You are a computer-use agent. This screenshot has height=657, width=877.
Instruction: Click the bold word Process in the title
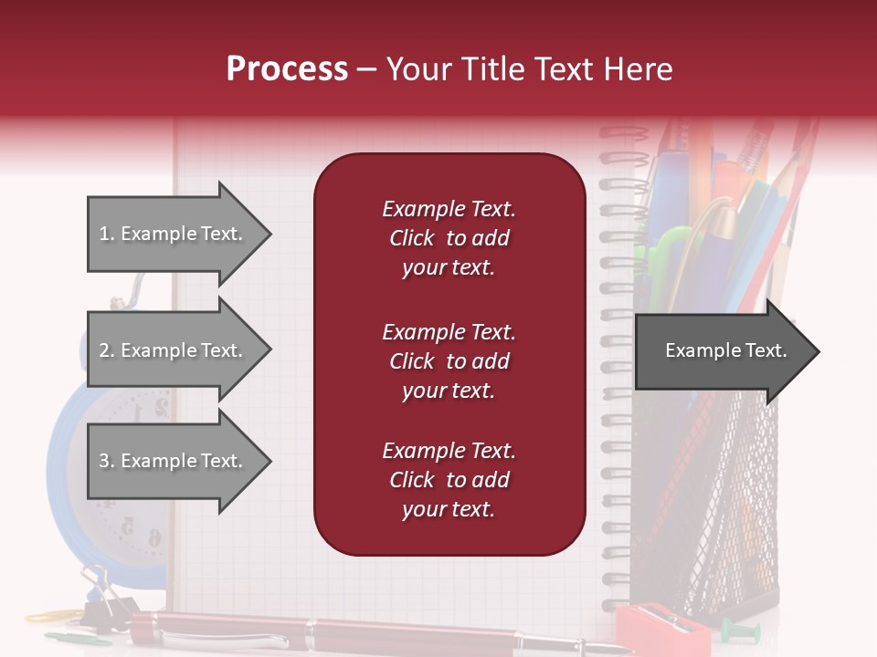pos(287,69)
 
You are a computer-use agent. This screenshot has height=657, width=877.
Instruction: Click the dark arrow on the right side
pos(726,351)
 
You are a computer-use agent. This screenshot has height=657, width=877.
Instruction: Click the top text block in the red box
pos(449,238)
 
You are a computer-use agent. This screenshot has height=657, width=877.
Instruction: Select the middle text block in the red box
pos(449,361)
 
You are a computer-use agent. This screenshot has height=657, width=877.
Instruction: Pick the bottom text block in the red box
pos(449,480)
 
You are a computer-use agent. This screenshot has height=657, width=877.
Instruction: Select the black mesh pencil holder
pos(731,511)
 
